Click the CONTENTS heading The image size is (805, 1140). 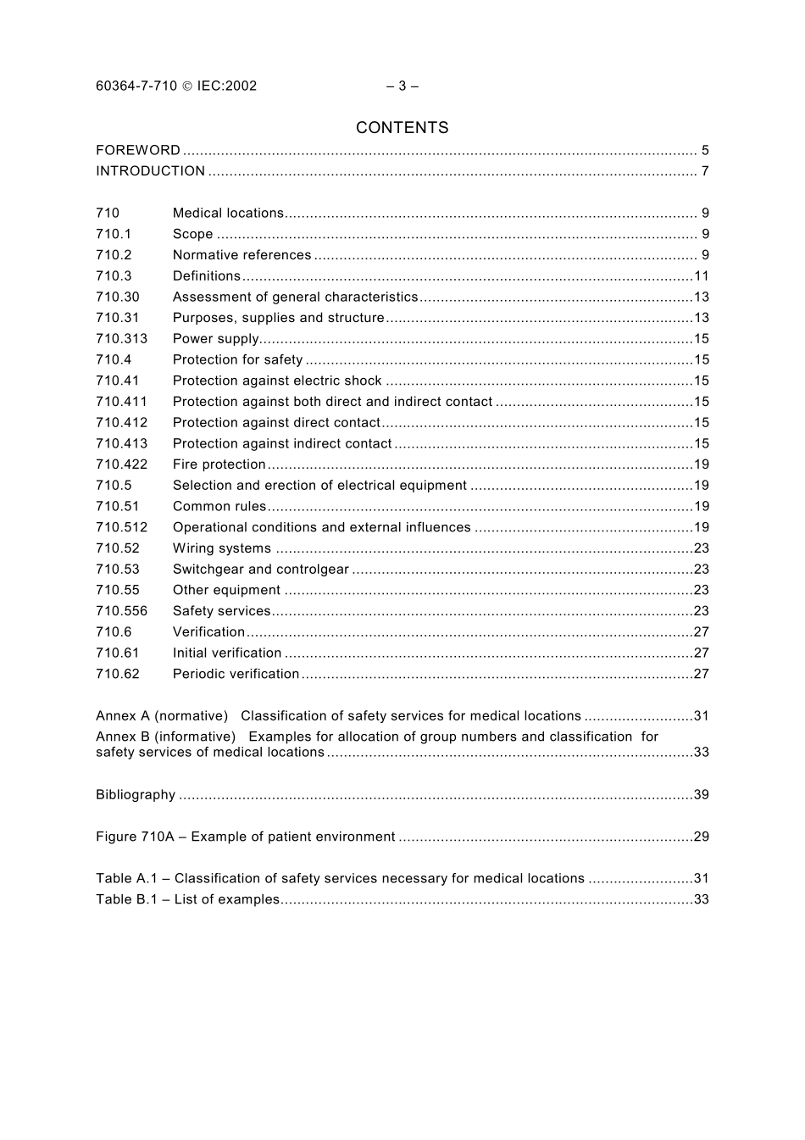(x=402, y=128)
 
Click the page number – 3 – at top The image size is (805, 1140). (x=402, y=86)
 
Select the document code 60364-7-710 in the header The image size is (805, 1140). (x=136, y=86)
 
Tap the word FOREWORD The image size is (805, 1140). (x=138, y=150)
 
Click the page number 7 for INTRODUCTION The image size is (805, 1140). (x=704, y=171)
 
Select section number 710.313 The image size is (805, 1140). (x=121, y=339)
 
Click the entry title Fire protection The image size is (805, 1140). (x=219, y=464)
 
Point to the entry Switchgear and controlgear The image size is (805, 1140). (x=260, y=570)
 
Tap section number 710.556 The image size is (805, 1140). (x=121, y=611)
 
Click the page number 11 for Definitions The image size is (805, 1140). (x=701, y=276)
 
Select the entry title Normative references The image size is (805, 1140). (x=241, y=255)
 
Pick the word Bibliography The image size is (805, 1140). (x=136, y=795)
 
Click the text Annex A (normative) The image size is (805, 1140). (x=162, y=716)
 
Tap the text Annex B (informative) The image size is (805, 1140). (x=165, y=737)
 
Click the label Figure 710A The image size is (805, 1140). (x=135, y=837)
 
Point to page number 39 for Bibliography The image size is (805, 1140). (x=701, y=795)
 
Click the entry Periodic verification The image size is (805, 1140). (x=236, y=674)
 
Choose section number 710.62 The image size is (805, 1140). (x=117, y=674)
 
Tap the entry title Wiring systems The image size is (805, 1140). (x=221, y=548)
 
